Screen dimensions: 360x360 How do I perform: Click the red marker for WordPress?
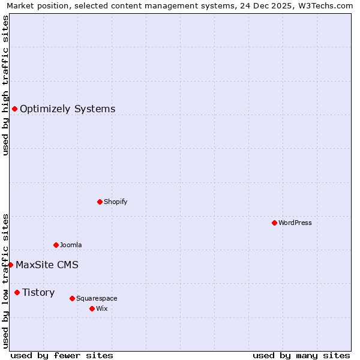coord(274,223)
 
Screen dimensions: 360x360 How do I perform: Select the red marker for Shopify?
coord(100,202)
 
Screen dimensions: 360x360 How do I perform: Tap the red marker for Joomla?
coord(56,245)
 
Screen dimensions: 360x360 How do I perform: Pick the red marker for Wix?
coord(92,308)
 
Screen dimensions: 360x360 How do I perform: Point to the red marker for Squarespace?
coord(72,298)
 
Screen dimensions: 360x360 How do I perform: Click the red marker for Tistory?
coord(17,292)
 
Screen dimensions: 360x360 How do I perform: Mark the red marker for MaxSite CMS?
coord(10,265)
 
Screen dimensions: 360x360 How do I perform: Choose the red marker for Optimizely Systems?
coord(14,109)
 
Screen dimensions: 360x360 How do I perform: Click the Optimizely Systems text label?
coord(67,109)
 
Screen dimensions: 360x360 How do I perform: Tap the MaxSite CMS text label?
coord(47,265)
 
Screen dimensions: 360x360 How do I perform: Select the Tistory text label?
coord(38,292)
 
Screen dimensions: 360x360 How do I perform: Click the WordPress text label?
coord(295,223)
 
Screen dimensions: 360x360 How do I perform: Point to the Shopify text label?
coord(116,202)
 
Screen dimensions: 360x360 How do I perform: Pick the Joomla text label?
coord(71,245)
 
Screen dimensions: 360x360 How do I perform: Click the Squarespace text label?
coord(97,298)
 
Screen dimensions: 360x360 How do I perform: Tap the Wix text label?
coord(101,308)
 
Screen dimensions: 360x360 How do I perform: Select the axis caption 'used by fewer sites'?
coord(62,355)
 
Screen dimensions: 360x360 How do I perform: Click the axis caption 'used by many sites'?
coord(301,355)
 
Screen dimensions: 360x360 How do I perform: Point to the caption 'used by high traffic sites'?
coord(6,85)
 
